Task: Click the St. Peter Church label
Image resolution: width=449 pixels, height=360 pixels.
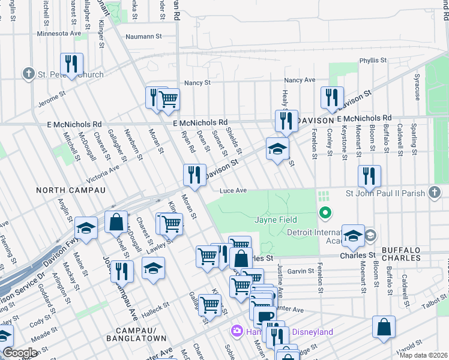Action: tap(71, 75)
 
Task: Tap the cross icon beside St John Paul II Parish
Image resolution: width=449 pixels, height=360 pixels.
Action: tap(436, 193)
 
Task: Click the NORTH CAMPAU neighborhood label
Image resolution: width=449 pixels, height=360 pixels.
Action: tap(71, 190)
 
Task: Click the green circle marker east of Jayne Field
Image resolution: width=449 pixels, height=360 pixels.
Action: tap(325, 212)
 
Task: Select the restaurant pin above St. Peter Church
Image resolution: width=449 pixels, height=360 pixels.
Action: tap(71, 64)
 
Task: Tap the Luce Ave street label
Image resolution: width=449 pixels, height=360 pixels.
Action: tap(234, 191)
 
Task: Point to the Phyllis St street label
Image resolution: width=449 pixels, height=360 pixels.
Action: tap(373, 61)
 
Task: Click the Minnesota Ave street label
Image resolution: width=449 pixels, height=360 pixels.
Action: tap(58, 34)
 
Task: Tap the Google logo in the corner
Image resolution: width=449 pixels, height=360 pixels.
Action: tap(20, 353)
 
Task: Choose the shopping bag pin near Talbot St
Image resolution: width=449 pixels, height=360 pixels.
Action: tap(384, 327)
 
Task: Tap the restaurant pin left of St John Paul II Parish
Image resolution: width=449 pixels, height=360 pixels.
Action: tap(369, 176)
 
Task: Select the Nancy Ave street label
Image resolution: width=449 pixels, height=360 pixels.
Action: tap(300, 80)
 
